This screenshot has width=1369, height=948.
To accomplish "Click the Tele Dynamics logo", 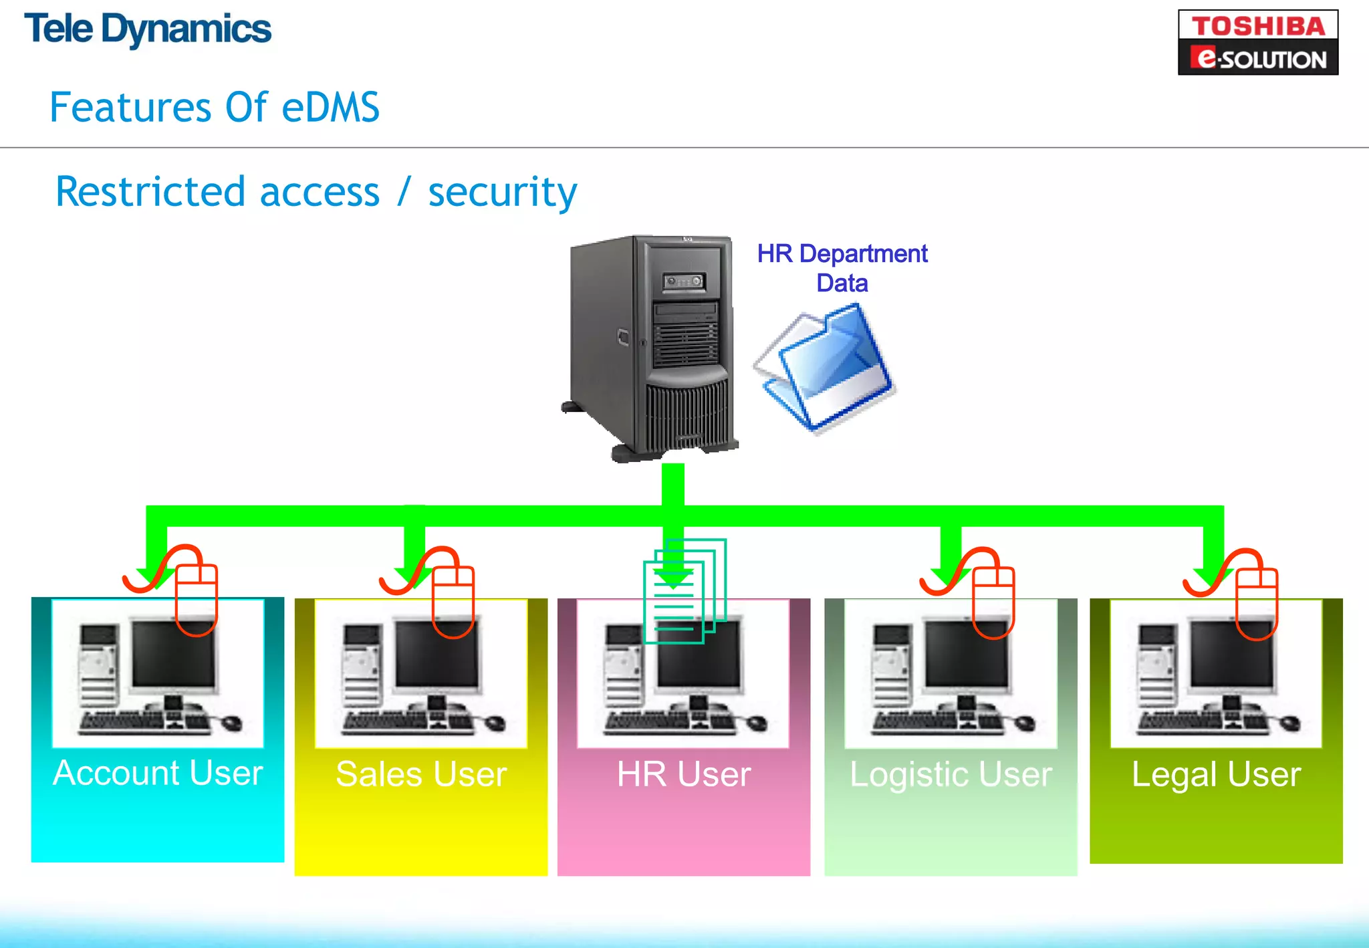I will pyautogui.click(x=148, y=29).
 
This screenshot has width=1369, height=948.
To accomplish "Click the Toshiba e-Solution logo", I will pyautogui.click(x=1257, y=42).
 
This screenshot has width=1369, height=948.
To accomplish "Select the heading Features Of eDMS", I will pyautogui.click(x=215, y=108).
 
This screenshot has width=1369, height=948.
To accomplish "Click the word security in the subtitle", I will pyautogui.click(x=502, y=193).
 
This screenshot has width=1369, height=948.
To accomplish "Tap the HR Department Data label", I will pyautogui.click(x=842, y=268).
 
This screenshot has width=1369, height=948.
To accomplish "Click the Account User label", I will pyautogui.click(x=158, y=774).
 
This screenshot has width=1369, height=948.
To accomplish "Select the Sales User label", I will pyautogui.click(x=421, y=775).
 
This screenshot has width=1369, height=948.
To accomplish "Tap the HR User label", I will pyautogui.click(x=684, y=775).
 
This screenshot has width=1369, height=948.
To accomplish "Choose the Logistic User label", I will pyautogui.click(x=951, y=775).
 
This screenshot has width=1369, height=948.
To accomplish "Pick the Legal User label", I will pyautogui.click(x=1216, y=775).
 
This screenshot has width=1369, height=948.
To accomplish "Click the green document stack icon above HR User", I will pyautogui.click(x=684, y=592).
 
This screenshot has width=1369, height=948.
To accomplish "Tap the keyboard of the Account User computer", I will pyautogui.click(x=120, y=721).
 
